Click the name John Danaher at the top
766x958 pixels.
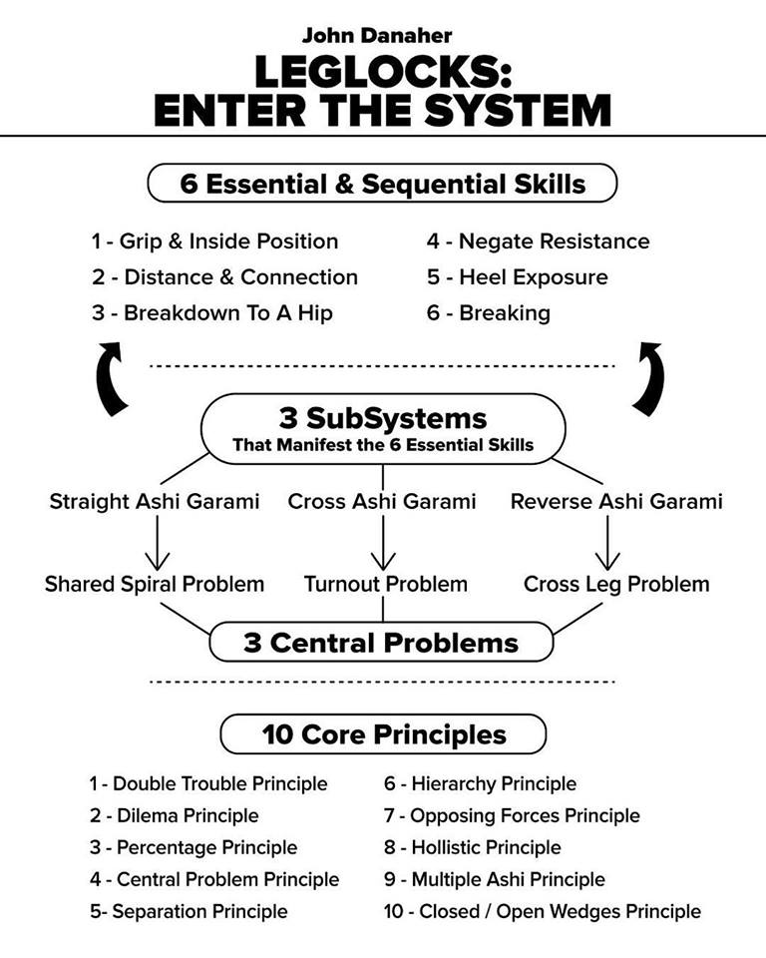click(382, 36)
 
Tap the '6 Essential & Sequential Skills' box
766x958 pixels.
click(382, 184)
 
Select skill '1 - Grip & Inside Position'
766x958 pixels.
click(214, 241)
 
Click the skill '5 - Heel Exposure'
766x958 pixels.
click(517, 277)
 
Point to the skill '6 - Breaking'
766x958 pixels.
click(489, 313)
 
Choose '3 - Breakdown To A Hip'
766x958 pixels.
click(212, 313)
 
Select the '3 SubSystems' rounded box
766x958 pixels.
click(382, 427)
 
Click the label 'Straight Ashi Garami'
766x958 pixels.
click(155, 501)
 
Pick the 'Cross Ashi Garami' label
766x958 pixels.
click(382, 501)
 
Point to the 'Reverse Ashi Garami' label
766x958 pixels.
click(616, 501)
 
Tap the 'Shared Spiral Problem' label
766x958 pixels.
click(155, 584)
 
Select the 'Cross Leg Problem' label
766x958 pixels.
click(616, 584)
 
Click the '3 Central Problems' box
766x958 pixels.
click(382, 642)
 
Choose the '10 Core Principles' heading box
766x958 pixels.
click(382, 735)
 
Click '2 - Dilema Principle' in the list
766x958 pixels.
click(174, 815)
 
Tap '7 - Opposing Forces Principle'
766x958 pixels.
click(512, 815)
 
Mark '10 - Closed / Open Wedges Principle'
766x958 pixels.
click(542, 911)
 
